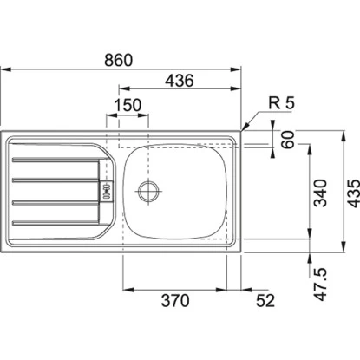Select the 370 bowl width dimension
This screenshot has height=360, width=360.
point(176,300)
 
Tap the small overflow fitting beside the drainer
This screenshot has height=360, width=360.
point(108,188)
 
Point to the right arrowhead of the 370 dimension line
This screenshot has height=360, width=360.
point(226,289)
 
